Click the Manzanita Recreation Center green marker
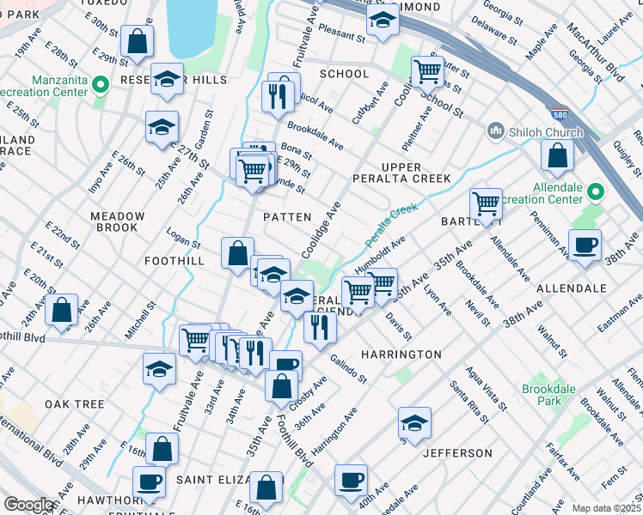[x=101, y=83]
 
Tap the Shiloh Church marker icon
[x=495, y=131]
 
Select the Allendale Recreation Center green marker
[x=595, y=192]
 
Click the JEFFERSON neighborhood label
[x=457, y=452]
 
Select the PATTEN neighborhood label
[x=286, y=217]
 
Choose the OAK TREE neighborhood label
[x=75, y=403]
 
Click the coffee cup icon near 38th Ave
[x=585, y=245]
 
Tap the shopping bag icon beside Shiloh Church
[x=558, y=155]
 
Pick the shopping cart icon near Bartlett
[x=486, y=203]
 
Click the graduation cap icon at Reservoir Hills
[x=168, y=79]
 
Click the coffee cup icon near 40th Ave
[x=350, y=480]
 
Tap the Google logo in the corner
[x=29, y=505]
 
